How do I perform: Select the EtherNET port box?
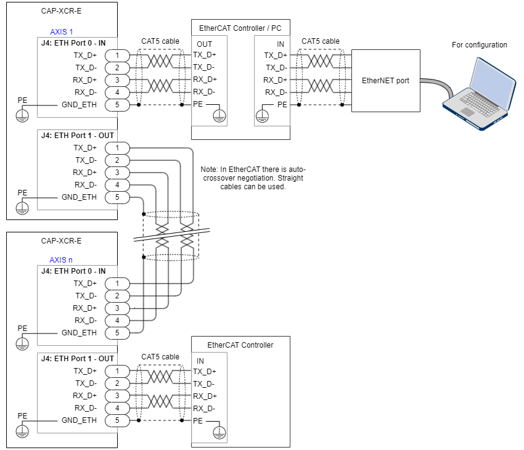click(x=385, y=81)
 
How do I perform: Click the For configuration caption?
click(x=479, y=45)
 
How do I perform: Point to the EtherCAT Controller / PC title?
click(x=240, y=28)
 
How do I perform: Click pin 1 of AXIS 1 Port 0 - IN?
click(x=117, y=55)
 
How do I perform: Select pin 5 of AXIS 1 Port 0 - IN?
click(x=117, y=105)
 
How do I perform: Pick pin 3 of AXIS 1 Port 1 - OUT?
click(x=117, y=173)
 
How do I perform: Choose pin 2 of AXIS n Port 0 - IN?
click(x=117, y=296)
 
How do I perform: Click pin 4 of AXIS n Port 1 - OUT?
click(x=117, y=408)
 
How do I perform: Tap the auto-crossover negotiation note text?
click(x=253, y=178)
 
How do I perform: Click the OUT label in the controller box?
click(x=204, y=44)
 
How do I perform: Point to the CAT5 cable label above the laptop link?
click(x=321, y=41)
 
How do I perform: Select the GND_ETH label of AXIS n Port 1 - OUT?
click(x=79, y=420)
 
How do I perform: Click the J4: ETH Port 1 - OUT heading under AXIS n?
click(x=77, y=359)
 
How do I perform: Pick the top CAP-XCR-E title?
click(x=61, y=10)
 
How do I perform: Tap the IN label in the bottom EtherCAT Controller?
click(x=200, y=361)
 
